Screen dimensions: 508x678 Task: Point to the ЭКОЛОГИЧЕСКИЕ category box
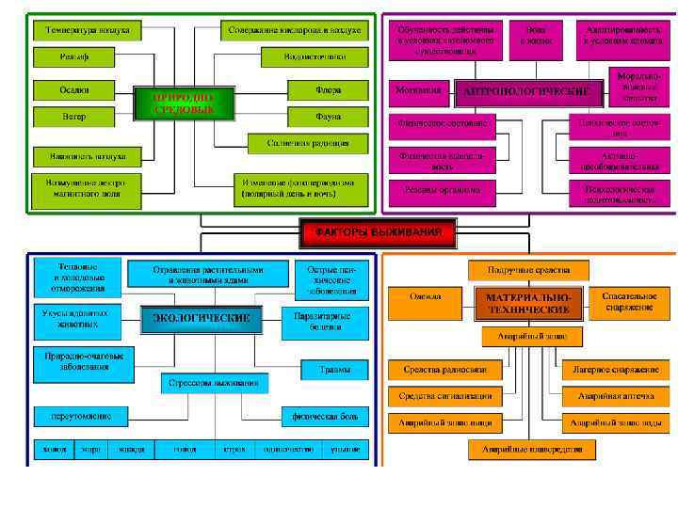click(202, 318)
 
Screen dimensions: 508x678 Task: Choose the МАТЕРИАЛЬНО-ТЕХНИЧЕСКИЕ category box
click(528, 302)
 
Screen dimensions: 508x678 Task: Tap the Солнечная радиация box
click(299, 143)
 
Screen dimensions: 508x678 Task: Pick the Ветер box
click(73, 117)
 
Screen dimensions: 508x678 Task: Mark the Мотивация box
click(415, 90)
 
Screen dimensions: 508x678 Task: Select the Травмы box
click(333, 369)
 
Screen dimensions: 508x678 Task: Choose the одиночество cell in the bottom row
click(288, 450)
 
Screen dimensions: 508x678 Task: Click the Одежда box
click(426, 296)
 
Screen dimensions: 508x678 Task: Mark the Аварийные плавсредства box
click(532, 450)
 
